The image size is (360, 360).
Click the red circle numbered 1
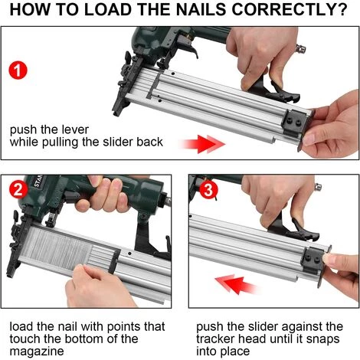click(x=18, y=70)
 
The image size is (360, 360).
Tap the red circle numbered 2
click(x=18, y=190)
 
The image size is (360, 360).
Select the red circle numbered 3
click(x=208, y=190)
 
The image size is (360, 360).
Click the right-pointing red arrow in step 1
click(x=203, y=144)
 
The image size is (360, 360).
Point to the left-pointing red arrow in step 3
click(x=236, y=284)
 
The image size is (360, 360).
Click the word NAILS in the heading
click(x=201, y=9)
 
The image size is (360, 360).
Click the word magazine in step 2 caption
click(x=37, y=352)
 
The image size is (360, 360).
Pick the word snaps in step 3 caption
click(x=322, y=339)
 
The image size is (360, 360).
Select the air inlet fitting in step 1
click(x=301, y=48)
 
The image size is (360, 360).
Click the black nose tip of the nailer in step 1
click(x=116, y=112)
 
